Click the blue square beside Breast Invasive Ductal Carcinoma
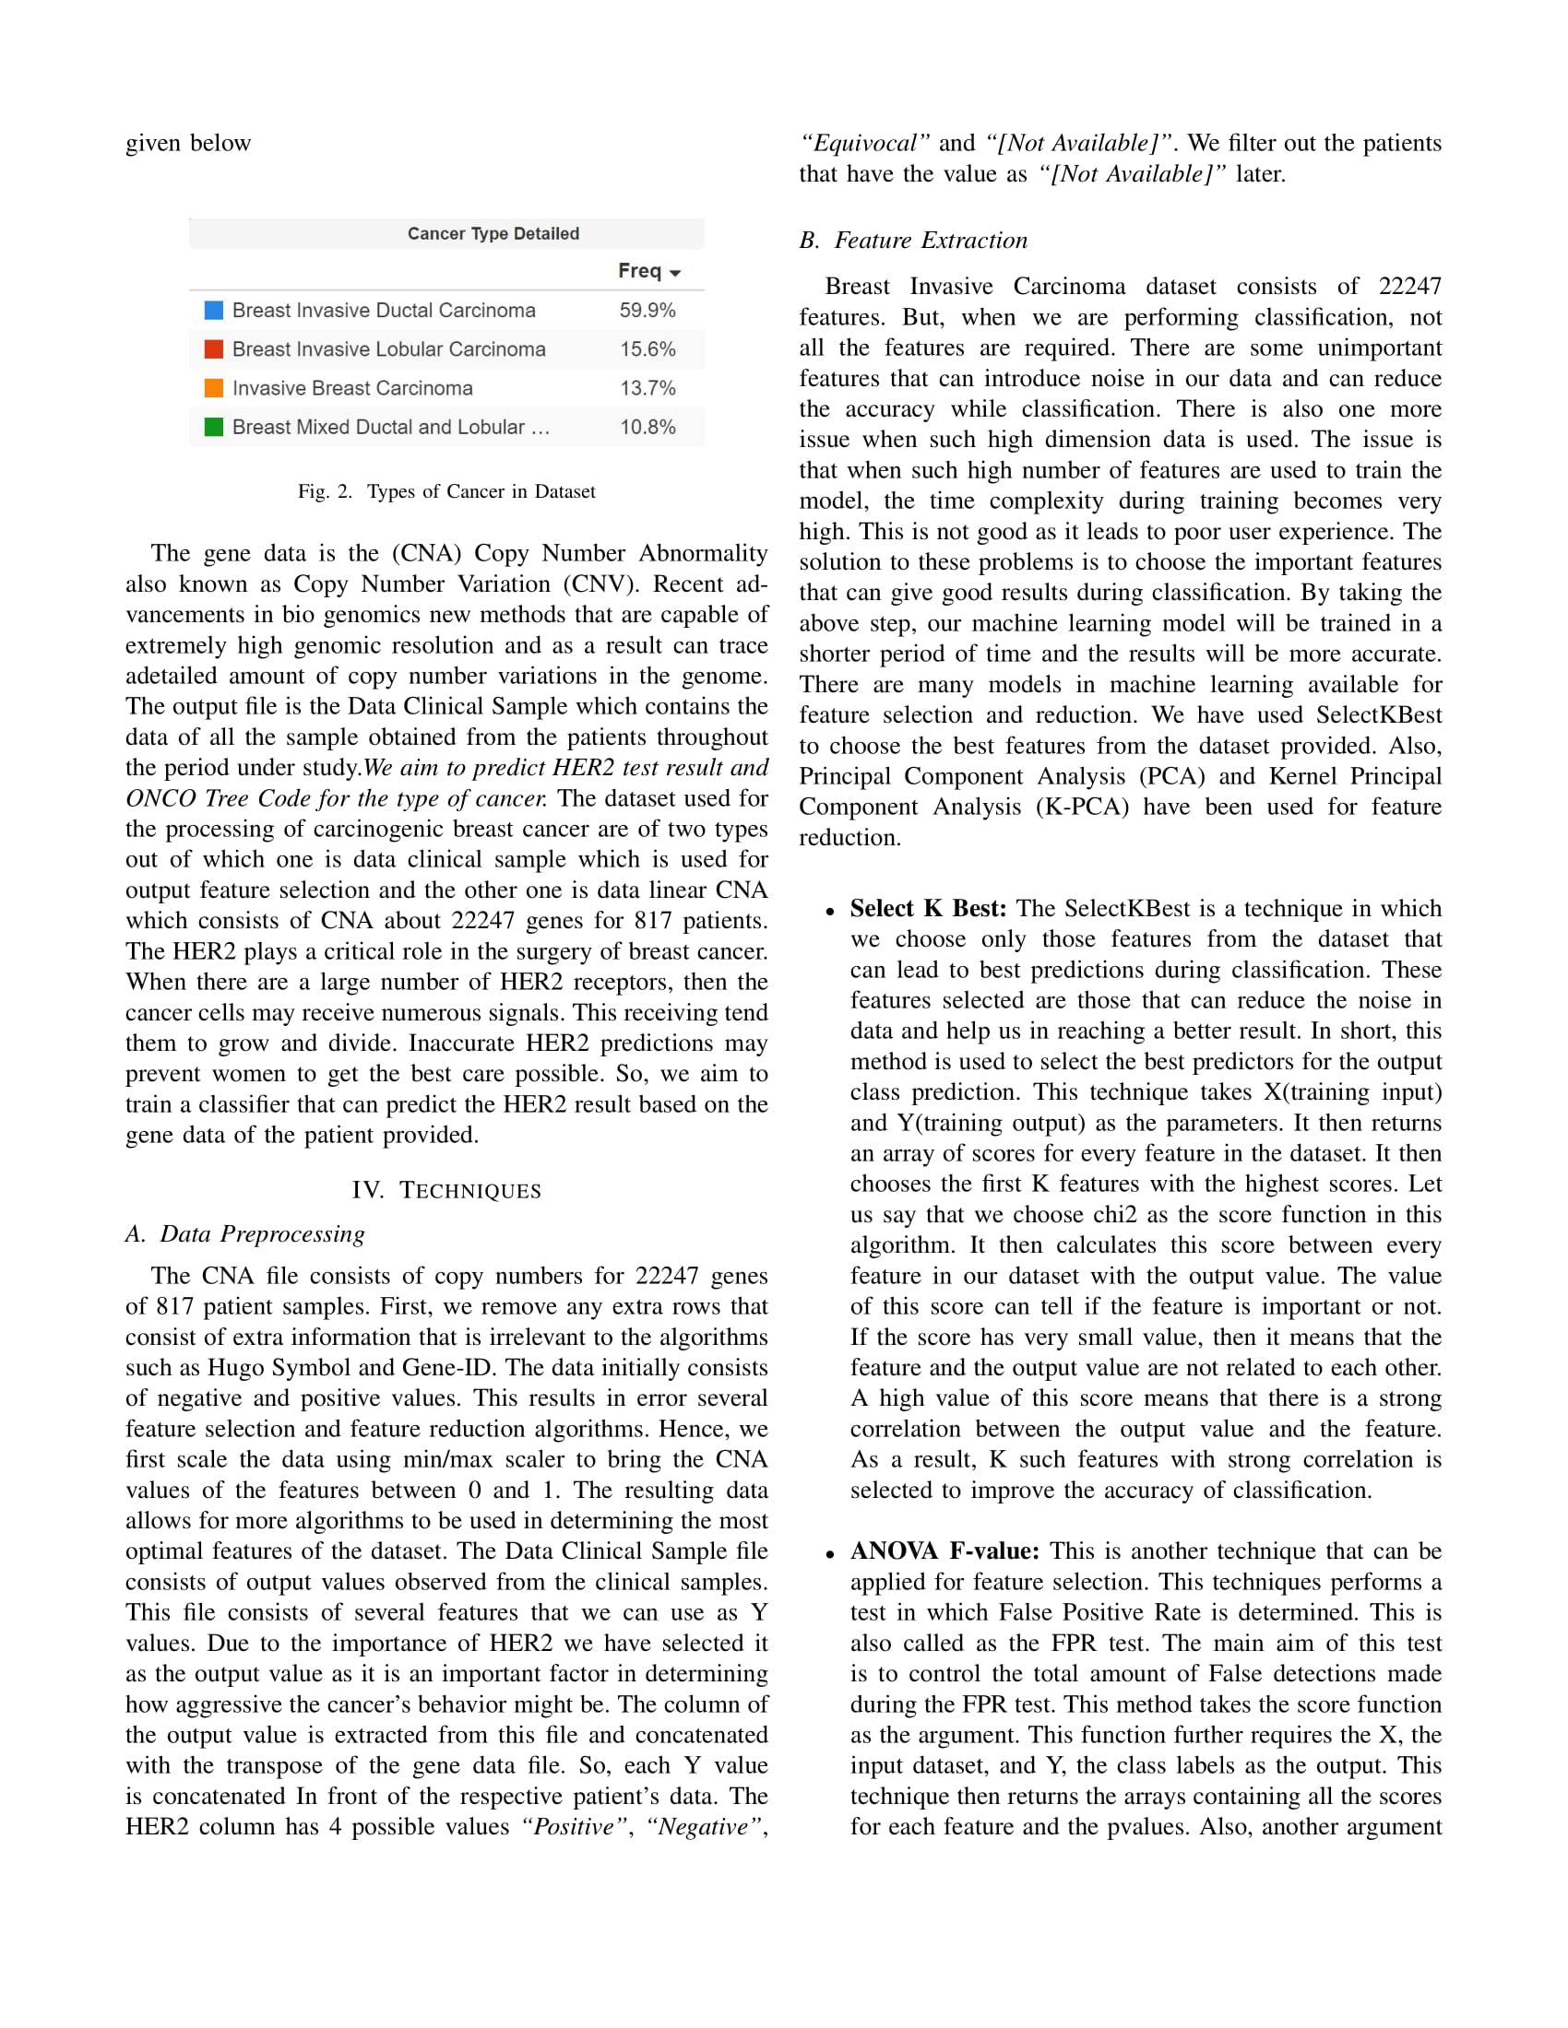214,310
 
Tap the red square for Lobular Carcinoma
214,349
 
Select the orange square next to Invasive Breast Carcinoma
214,388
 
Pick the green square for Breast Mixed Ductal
214,427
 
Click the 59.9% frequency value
647,310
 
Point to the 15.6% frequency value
647,349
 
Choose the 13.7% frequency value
647,388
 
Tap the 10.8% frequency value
647,427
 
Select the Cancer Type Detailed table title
493,234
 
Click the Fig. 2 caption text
445,491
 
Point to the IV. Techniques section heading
445,1190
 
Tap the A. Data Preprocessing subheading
245,1234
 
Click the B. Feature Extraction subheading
913,241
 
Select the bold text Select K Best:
927,908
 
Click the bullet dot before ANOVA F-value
829,1554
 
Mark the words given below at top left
188,143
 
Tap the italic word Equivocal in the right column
865,143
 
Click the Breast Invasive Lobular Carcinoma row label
388,349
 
